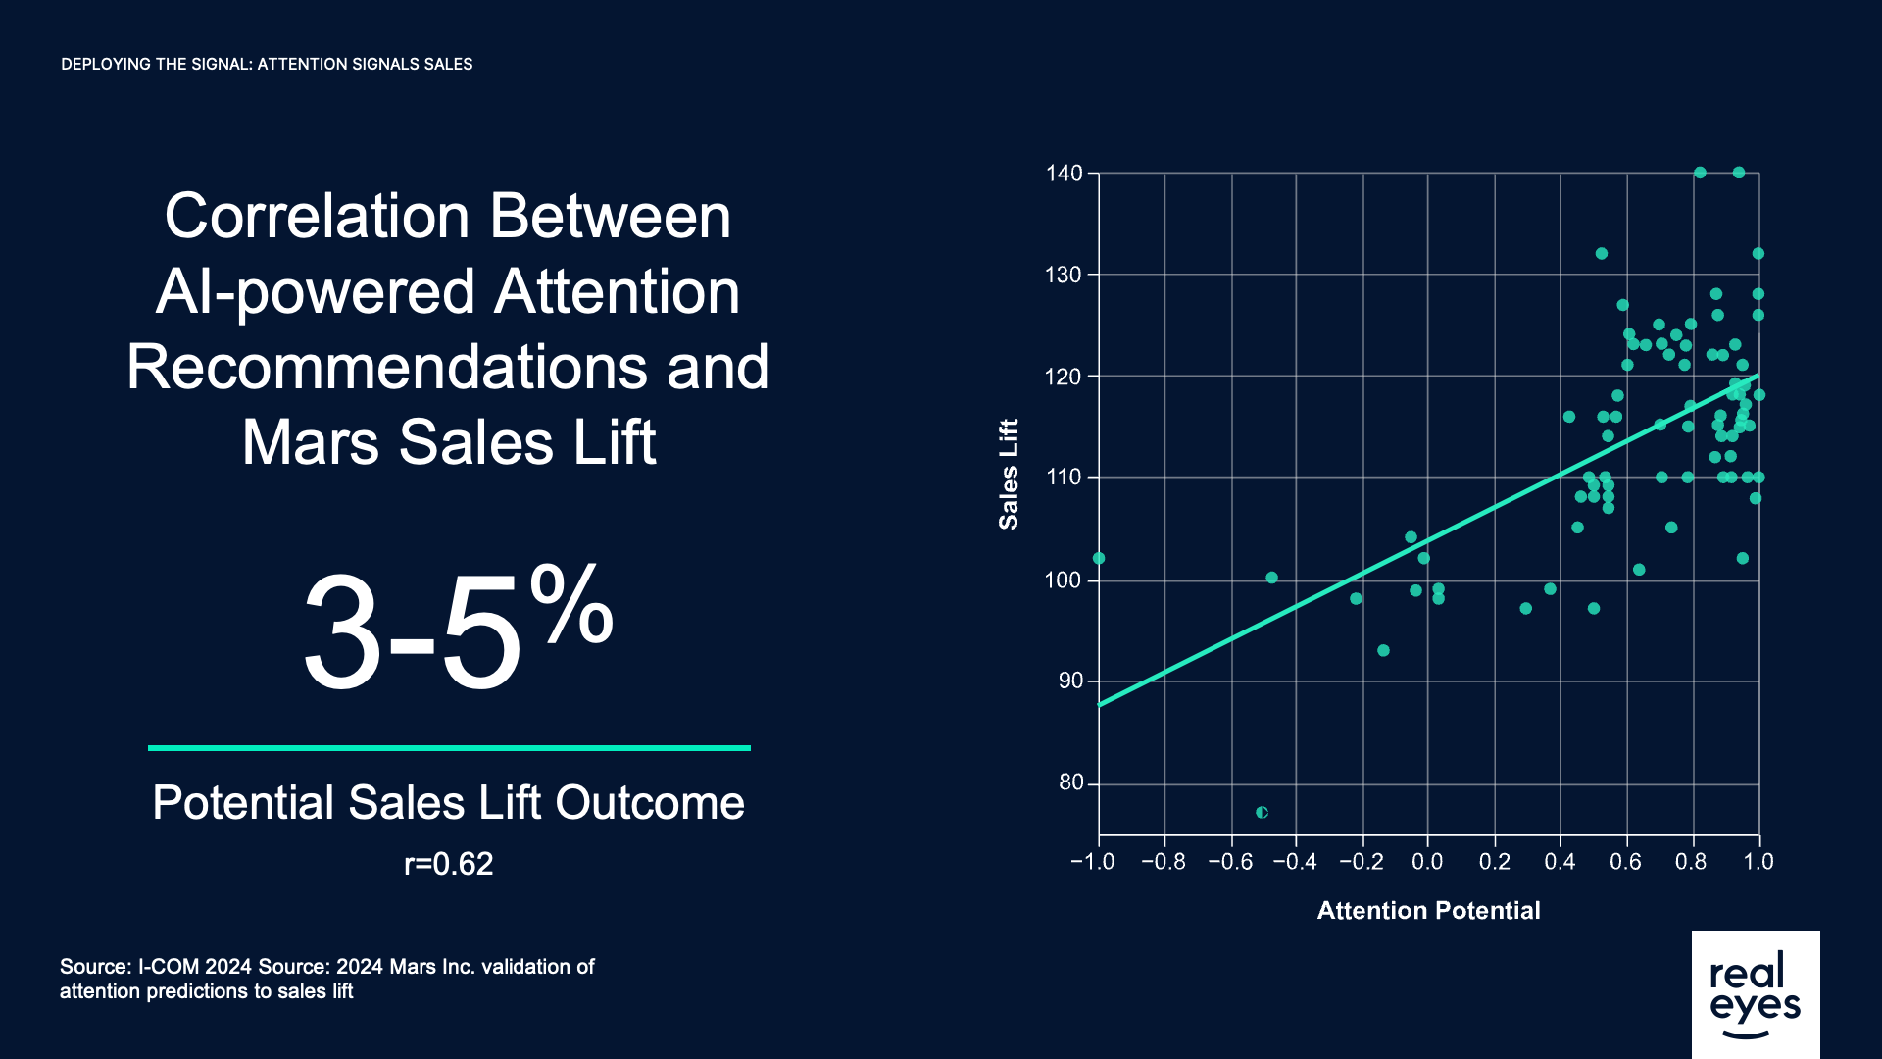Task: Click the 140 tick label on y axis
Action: click(x=1064, y=174)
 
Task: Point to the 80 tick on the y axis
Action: click(x=1070, y=782)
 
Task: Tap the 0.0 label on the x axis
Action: click(x=1427, y=862)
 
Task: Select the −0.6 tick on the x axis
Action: click(x=1230, y=862)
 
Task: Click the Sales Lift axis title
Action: click(x=1009, y=475)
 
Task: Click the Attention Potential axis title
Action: click(x=1428, y=911)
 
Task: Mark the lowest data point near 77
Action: click(x=1262, y=812)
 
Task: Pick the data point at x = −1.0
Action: click(x=1099, y=558)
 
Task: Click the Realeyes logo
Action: click(x=1755, y=993)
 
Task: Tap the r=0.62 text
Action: click(x=448, y=864)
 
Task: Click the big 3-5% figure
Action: click(x=457, y=628)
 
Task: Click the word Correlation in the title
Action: click(x=319, y=216)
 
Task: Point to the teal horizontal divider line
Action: click(x=449, y=748)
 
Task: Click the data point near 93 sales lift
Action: click(x=1383, y=650)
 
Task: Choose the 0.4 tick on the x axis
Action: click(x=1560, y=862)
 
